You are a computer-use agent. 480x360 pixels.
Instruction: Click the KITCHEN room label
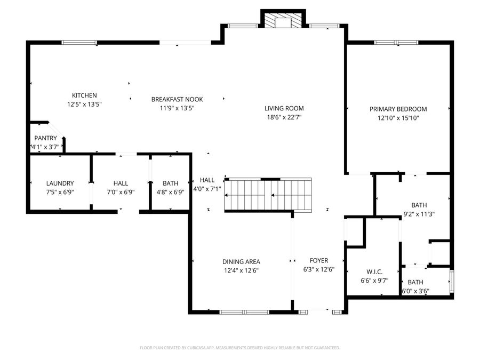84,95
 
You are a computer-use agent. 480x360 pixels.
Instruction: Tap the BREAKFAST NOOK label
177,99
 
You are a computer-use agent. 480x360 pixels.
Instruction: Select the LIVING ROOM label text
285,108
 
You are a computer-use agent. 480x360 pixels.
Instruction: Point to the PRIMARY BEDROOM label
398,109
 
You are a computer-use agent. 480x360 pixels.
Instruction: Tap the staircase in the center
268,195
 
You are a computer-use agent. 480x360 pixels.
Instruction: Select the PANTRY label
45,138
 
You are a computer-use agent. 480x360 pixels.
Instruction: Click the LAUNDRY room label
60,183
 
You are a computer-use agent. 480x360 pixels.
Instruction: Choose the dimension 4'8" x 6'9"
170,192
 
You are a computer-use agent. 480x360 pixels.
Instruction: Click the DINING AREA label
241,261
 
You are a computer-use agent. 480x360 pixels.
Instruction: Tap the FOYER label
319,261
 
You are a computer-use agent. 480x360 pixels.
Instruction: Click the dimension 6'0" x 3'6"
415,291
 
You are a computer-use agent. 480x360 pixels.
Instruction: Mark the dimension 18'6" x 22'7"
285,117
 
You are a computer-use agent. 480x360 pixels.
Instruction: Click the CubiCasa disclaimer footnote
239,348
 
